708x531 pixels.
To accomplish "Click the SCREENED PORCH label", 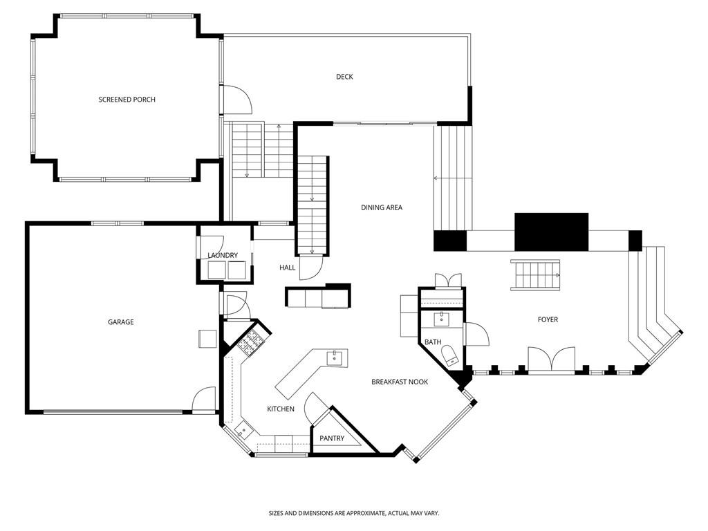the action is click(127, 100).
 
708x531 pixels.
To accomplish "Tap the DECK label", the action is click(344, 77).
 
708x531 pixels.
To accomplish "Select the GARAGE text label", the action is click(120, 322).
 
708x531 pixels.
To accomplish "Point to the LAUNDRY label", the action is click(223, 255).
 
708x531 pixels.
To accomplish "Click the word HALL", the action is click(287, 268).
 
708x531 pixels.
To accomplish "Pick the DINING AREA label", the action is click(382, 207).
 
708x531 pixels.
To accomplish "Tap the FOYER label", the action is click(548, 319).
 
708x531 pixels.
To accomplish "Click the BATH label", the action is click(433, 342).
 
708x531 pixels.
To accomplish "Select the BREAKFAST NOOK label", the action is click(400, 382).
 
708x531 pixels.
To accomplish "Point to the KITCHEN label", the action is click(281, 409).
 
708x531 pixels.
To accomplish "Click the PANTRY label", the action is click(332, 438).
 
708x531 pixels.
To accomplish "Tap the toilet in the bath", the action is click(451, 355).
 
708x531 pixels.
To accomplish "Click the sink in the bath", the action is click(441, 319).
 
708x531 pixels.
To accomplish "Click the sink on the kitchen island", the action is click(335, 357).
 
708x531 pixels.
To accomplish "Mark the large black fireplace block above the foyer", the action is click(552, 232).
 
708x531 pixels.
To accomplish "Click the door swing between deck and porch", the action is click(238, 100).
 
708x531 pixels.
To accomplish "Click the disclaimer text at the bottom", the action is click(354, 513).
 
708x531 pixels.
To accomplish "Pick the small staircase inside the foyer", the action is click(536, 275).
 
